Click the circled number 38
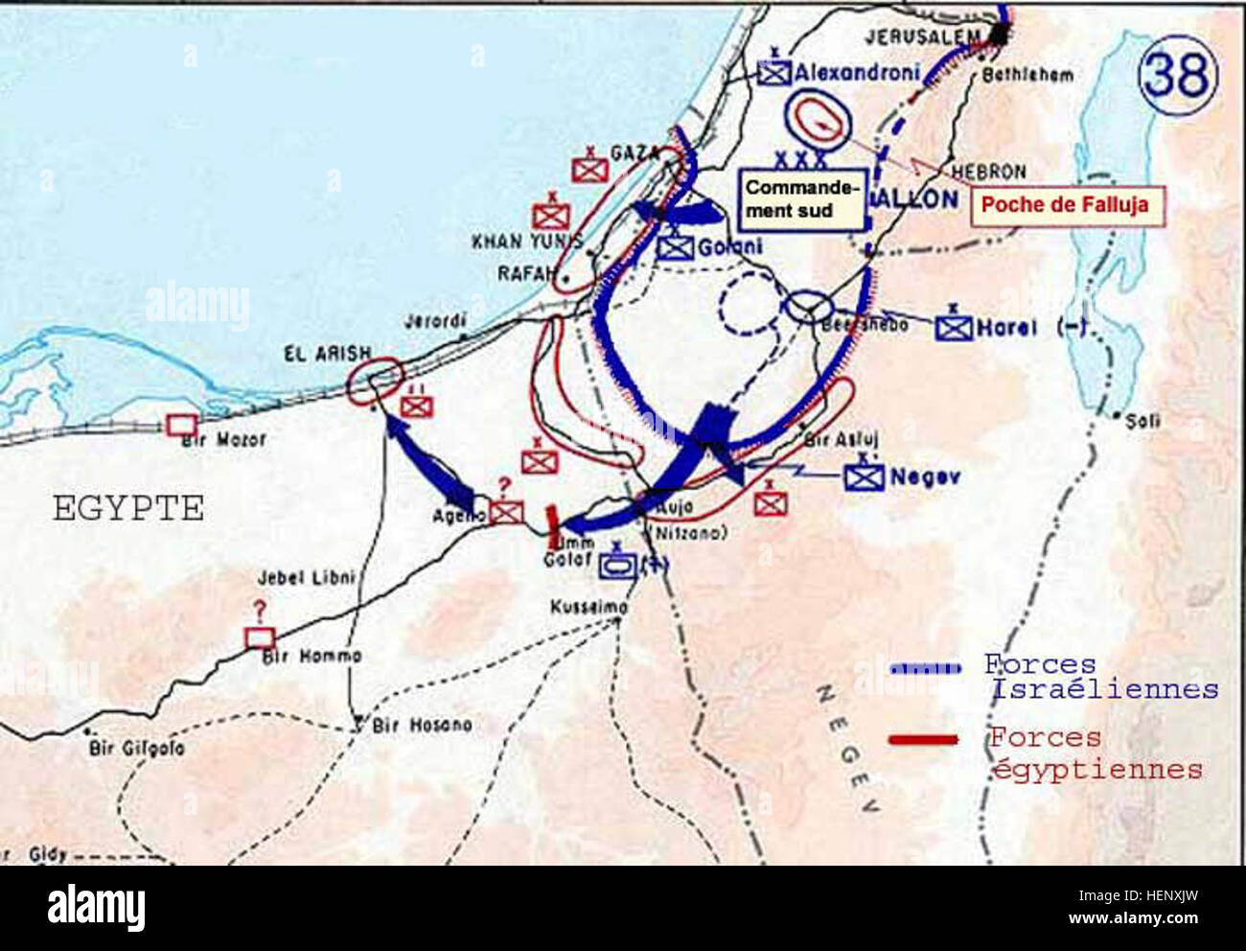[1178, 74]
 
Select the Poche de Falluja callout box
[1067, 205]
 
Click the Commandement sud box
[801, 198]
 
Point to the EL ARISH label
[327, 354]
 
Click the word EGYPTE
[128, 508]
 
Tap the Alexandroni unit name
[856, 72]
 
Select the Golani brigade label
[729, 247]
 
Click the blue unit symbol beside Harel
[954, 328]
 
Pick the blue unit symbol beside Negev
[864, 477]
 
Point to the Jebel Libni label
[306, 578]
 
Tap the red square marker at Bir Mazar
[178, 425]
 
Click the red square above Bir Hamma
[259, 638]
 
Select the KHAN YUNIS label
[526, 242]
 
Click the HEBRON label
[989, 172]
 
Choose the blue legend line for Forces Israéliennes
[924, 668]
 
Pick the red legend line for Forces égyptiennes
[923, 739]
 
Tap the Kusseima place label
[589, 607]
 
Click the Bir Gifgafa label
[137, 748]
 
